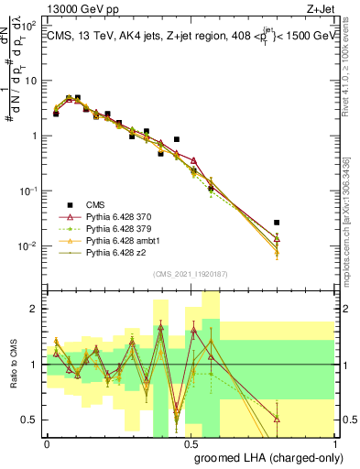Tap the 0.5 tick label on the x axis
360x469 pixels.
pyautogui.click(x=191, y=444)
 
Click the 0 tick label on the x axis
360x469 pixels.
pyautogui.click(x=48, y=444)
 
